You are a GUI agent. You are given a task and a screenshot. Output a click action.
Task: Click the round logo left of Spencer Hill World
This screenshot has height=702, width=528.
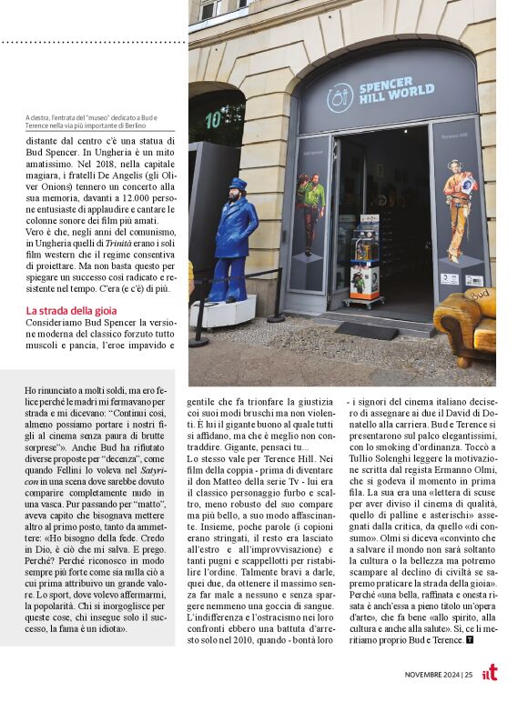pos(340,97)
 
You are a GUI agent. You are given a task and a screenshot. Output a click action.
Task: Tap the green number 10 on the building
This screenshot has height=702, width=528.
pos(213,119)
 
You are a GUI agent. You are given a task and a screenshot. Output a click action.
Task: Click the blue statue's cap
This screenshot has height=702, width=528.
pos(236,186)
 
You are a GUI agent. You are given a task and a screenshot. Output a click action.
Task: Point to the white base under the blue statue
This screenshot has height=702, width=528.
pos(222,312)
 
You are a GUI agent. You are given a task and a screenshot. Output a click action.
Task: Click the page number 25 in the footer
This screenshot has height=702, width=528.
pos(467,675)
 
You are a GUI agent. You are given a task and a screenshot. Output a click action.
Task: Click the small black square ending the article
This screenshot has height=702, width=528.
pos(470,639)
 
